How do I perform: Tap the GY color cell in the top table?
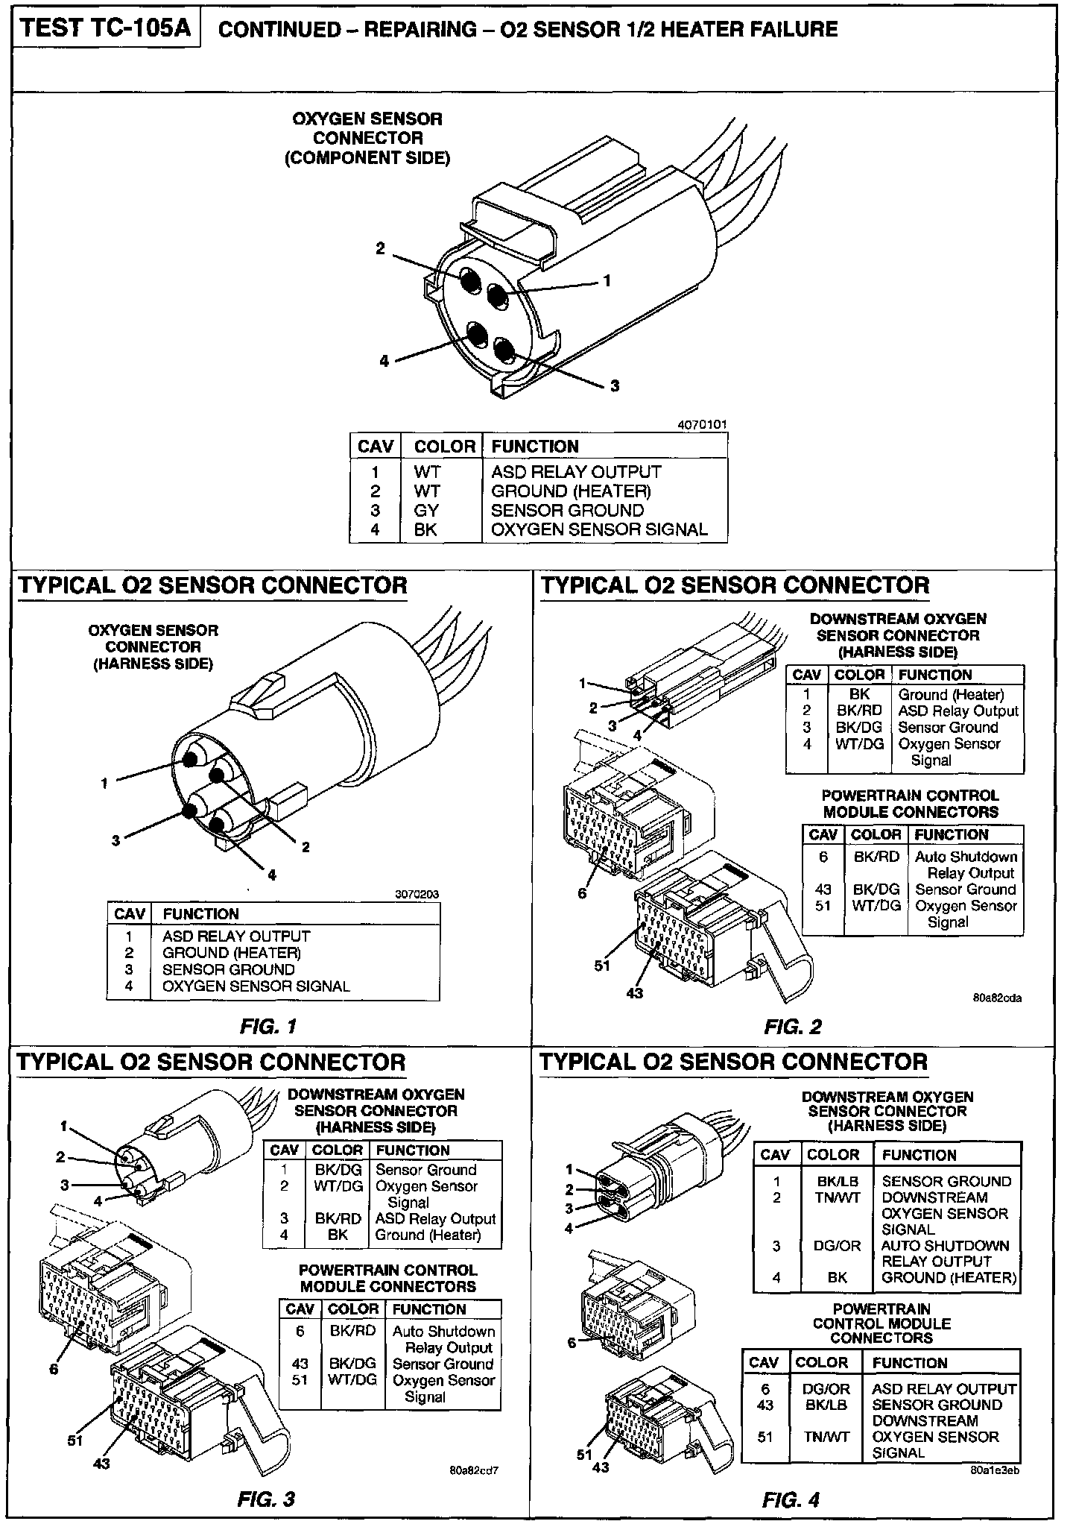[x=426, y=511]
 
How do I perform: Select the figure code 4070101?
[x=702, y=425]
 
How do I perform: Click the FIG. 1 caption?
[x=268, y=1027]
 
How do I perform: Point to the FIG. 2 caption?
[x=793, y=1027]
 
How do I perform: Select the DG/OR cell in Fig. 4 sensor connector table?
[x=837, y=1245]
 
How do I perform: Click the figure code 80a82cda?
[x=997, y=998]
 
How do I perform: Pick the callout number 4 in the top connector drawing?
[x=384, y=362]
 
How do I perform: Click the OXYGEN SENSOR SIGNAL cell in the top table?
[x=599, y=530]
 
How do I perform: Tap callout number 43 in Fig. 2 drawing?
[x=635, y=993]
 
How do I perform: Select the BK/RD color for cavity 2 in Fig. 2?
[x=859, y=711]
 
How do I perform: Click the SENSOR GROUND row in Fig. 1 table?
[x=228, y=969]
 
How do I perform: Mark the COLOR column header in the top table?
[x=444, y=447]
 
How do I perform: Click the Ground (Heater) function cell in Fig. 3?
[x=428, y=1235]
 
